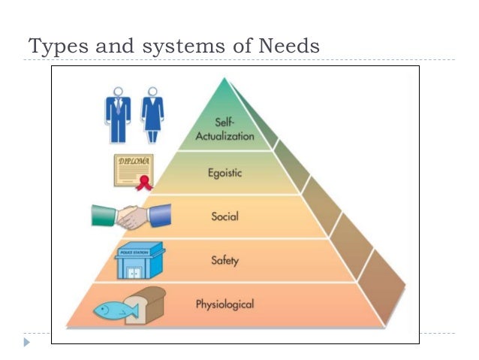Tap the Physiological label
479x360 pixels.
point(224,304)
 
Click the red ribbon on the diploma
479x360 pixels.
point(147,183)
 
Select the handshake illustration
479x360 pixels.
point(132,216)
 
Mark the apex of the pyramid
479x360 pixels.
point(224,77)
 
